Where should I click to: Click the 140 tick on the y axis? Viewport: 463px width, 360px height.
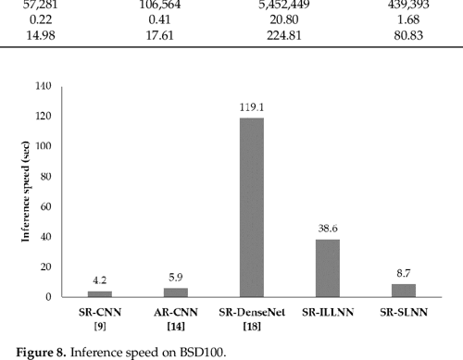(44, 86)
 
